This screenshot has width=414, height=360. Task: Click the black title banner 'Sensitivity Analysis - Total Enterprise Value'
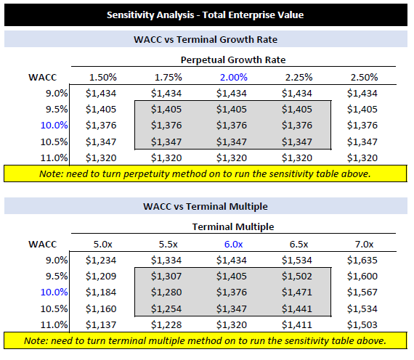click(x=206, y=15)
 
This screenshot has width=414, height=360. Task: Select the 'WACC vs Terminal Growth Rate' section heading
click(x=206, y=39)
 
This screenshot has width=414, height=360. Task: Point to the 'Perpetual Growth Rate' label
click(x=233, y=60)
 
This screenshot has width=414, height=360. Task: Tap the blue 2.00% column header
click(x=234, y=78)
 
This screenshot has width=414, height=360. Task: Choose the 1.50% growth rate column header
click(x=103, y=78)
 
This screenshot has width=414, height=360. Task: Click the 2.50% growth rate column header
click(x=365, y=78)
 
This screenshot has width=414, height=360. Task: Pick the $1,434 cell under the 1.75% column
click(x=166, y=94)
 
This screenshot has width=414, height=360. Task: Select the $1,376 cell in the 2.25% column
click(x=297, y=126)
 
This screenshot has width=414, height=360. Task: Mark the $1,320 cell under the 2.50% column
click(x=362, y=158)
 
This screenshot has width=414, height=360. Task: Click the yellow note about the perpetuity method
click(x=206, y=173)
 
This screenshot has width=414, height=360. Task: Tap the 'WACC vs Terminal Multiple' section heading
click(x=206, y=206)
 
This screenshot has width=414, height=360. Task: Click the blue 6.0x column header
click(x=234, y=245)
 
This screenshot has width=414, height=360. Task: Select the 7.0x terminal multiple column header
click(x=365, y=245)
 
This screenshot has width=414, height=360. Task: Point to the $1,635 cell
click(x=362, y=261)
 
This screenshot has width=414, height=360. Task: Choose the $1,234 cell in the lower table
click(x=101, y=261)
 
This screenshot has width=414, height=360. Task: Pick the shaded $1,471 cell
click(x=297, y=292)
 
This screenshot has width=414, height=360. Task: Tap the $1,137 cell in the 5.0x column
click(x=101, y=325)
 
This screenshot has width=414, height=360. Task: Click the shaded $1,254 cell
click(x=166, y=308)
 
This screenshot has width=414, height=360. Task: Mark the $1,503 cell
click(x=362, y=325)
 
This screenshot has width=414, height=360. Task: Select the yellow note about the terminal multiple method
click(x=206, y=340)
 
